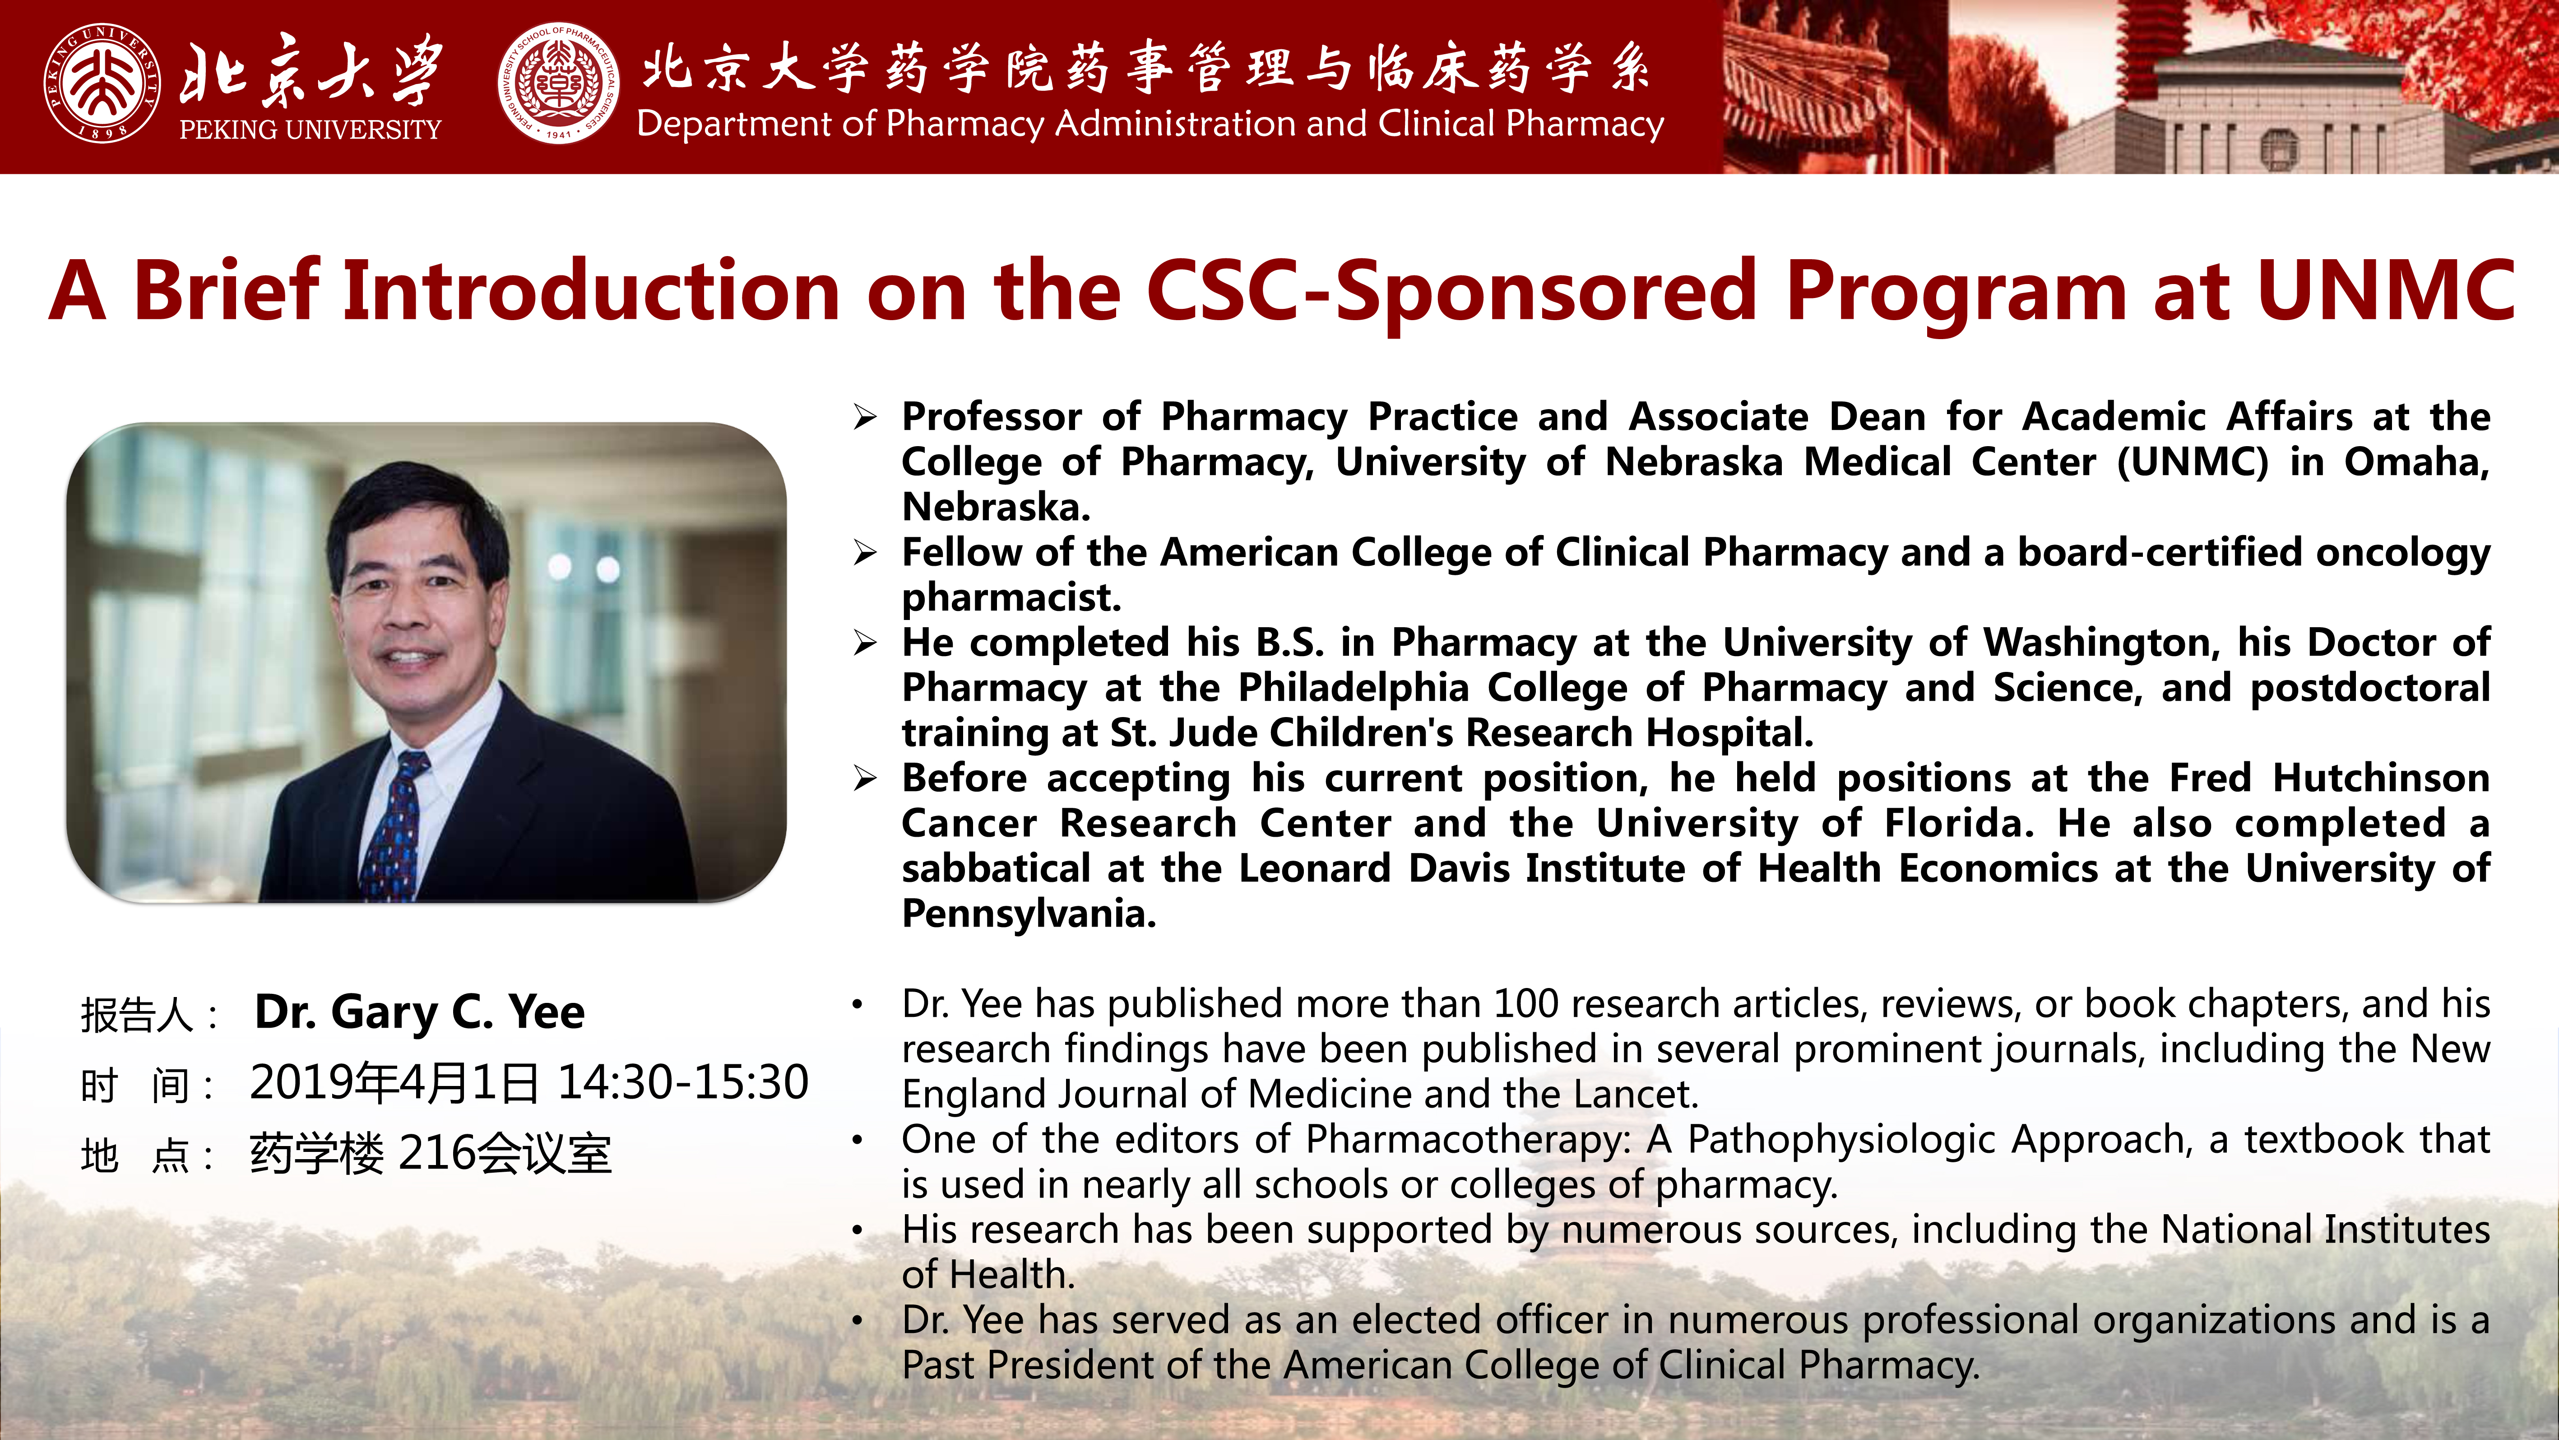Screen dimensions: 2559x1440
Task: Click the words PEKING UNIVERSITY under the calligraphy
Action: (310, 129)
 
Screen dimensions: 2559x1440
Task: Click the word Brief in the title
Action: (227, 290)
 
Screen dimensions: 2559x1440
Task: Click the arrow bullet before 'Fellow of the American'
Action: (864, 553)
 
